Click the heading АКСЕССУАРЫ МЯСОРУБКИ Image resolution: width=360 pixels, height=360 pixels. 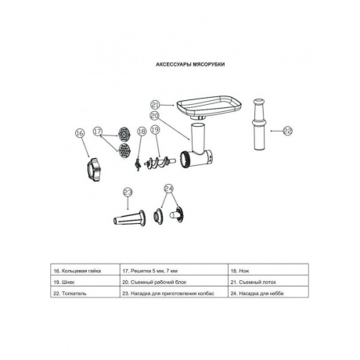point(190,64)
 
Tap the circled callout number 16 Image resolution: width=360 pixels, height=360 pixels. point(80,133)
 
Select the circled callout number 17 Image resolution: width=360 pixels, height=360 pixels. point(98,131)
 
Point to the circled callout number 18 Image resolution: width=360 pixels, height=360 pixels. point(142,131)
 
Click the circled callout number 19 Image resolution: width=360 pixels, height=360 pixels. point(155,129)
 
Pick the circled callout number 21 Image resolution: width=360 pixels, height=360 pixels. point(156,105)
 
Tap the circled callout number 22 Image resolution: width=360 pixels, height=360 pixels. point(288,131)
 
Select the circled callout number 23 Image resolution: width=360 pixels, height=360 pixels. point(128,193)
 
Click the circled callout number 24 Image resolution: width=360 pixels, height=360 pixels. point(169,189)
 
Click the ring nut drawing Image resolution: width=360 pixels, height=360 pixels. point(94,169)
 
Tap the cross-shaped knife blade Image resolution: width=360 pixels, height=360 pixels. point(137,165)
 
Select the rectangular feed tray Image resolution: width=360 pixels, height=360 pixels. point(209,106)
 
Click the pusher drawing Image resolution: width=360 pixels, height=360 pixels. point(259,124)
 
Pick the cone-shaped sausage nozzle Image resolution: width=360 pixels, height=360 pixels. point(130,218)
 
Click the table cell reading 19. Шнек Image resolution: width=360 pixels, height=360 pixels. point(85,283)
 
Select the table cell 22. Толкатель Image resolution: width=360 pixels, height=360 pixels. point(85,293)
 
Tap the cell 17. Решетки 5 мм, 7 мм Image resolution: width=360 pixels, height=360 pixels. point(174,271)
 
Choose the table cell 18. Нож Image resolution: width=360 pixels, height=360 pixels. point(268,271)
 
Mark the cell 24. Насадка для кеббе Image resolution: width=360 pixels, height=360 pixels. point(268,293)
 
